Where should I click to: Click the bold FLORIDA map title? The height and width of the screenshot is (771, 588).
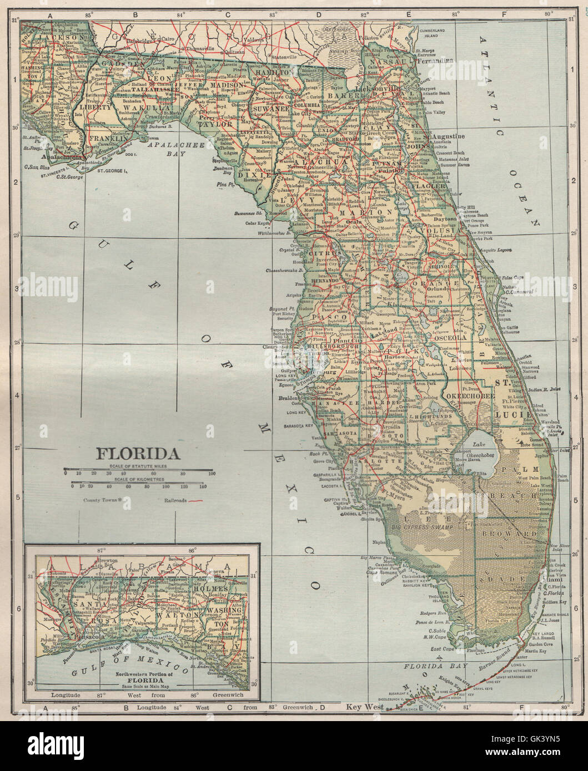[139, 454]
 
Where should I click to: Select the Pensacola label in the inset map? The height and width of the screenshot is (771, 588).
[86, 636]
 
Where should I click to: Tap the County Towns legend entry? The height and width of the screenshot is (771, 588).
[103, 500]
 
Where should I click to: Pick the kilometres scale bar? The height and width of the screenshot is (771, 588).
[139, 483]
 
